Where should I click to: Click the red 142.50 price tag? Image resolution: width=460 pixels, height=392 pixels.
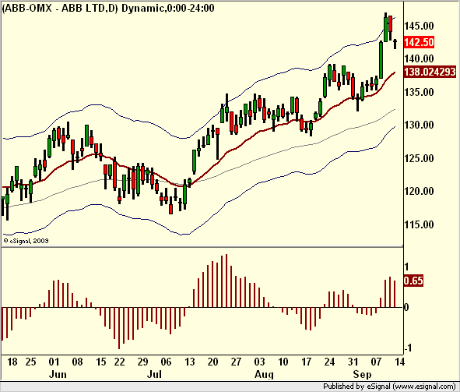(419, 42)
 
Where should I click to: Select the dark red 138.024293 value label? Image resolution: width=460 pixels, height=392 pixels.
(430, 72)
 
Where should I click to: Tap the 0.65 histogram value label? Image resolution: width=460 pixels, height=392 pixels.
(413, 281)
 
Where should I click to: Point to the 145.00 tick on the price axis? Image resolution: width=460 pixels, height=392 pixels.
(419, 26)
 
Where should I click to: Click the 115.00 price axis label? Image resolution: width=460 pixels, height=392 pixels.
(419, 224)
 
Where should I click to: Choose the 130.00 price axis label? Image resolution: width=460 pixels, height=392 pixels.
(419, 125)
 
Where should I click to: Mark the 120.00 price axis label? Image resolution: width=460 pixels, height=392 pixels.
(419, 191)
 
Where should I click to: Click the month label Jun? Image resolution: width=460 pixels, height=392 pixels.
(58, 374)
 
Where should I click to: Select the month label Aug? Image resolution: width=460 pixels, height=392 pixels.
(264, 375)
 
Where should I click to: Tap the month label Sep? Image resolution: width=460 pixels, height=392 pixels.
(362, 375)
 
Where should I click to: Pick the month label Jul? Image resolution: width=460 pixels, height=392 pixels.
(154, 374)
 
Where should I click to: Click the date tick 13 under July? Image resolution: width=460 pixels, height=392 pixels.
(189, 362)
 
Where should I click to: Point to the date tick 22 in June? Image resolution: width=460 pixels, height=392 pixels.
(119, 362)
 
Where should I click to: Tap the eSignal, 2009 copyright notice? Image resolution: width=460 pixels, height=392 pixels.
(26, 241)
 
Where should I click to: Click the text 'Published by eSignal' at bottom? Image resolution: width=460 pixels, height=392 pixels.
(356, 386)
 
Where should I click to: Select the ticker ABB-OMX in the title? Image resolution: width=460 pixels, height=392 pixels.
(28, 8)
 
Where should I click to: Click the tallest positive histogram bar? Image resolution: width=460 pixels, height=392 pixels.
(226, 281)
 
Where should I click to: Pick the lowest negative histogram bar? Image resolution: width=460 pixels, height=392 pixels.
(119, 328)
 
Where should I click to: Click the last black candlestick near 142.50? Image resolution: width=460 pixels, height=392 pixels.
(395, 44)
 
